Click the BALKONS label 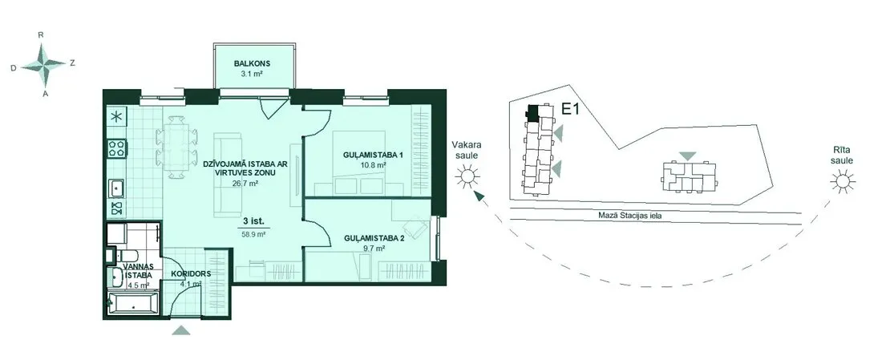tap(252, 63)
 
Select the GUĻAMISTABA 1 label tap(365, 155)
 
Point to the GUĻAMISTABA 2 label tap(374, 238)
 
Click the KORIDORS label tap(192, 273)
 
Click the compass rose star tap(43, 65)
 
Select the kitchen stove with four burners tap(117, 148)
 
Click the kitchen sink tap(117, 188)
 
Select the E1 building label tap(569, 109)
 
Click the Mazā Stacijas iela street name tap(630, 215)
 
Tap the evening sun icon tap(467, 177)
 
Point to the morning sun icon tap(843, 181)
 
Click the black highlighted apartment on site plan tap(533, 112)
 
